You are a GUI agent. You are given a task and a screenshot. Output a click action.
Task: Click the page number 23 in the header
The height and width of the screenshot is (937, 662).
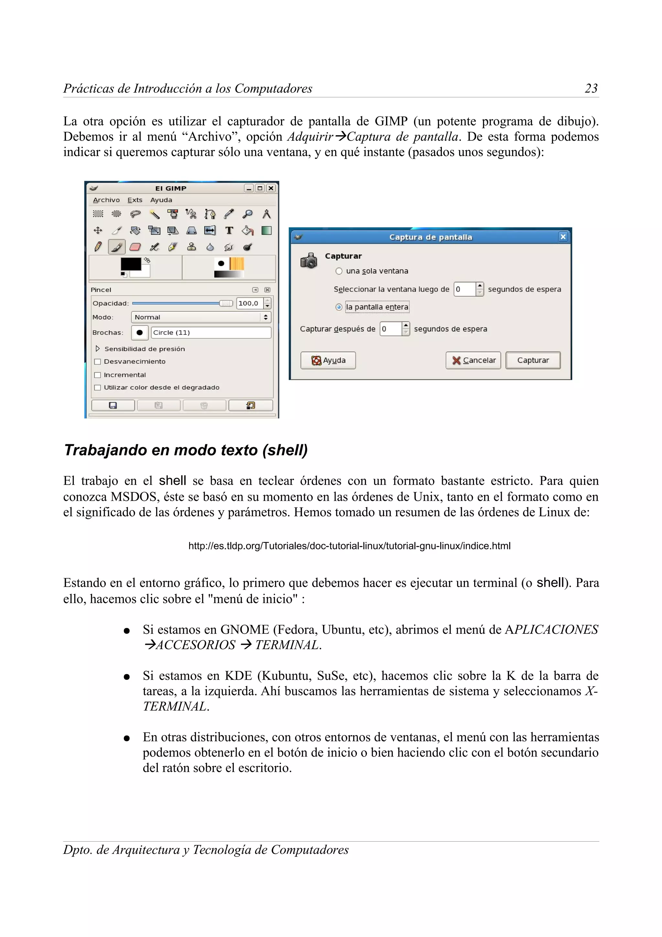click(591, 88)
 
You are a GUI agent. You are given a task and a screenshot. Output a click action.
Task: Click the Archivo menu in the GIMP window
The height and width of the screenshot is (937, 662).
click(106, 200)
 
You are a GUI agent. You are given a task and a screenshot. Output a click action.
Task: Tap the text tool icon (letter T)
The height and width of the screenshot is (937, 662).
click(229, 231)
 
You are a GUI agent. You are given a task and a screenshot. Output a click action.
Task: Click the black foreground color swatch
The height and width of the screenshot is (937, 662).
click(130, 264)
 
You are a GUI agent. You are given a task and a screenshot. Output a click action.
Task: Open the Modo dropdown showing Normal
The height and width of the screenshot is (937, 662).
click(201, 317)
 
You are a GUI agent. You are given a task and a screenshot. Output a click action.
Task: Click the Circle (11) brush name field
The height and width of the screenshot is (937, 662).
click(210, 333)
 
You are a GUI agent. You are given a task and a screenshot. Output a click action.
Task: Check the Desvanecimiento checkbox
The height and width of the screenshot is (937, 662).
click(98, 361)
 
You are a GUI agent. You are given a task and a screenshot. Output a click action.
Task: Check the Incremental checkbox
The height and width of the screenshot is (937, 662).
click(98, 375)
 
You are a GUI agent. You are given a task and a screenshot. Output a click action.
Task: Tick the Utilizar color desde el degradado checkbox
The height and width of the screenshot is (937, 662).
click(98, 388)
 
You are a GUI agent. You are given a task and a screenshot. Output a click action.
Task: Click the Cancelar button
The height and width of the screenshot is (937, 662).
click(473, 361)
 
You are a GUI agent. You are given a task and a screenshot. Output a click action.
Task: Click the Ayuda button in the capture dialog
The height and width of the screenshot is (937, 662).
click(328, 361)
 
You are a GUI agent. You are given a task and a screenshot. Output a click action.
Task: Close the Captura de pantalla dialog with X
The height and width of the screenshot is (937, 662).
click(563, 237)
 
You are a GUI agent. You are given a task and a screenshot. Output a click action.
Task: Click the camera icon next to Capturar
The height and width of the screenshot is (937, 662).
click(309, 260)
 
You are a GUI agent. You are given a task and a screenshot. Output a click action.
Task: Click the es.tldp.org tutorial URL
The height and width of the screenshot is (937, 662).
click(349, 546)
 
